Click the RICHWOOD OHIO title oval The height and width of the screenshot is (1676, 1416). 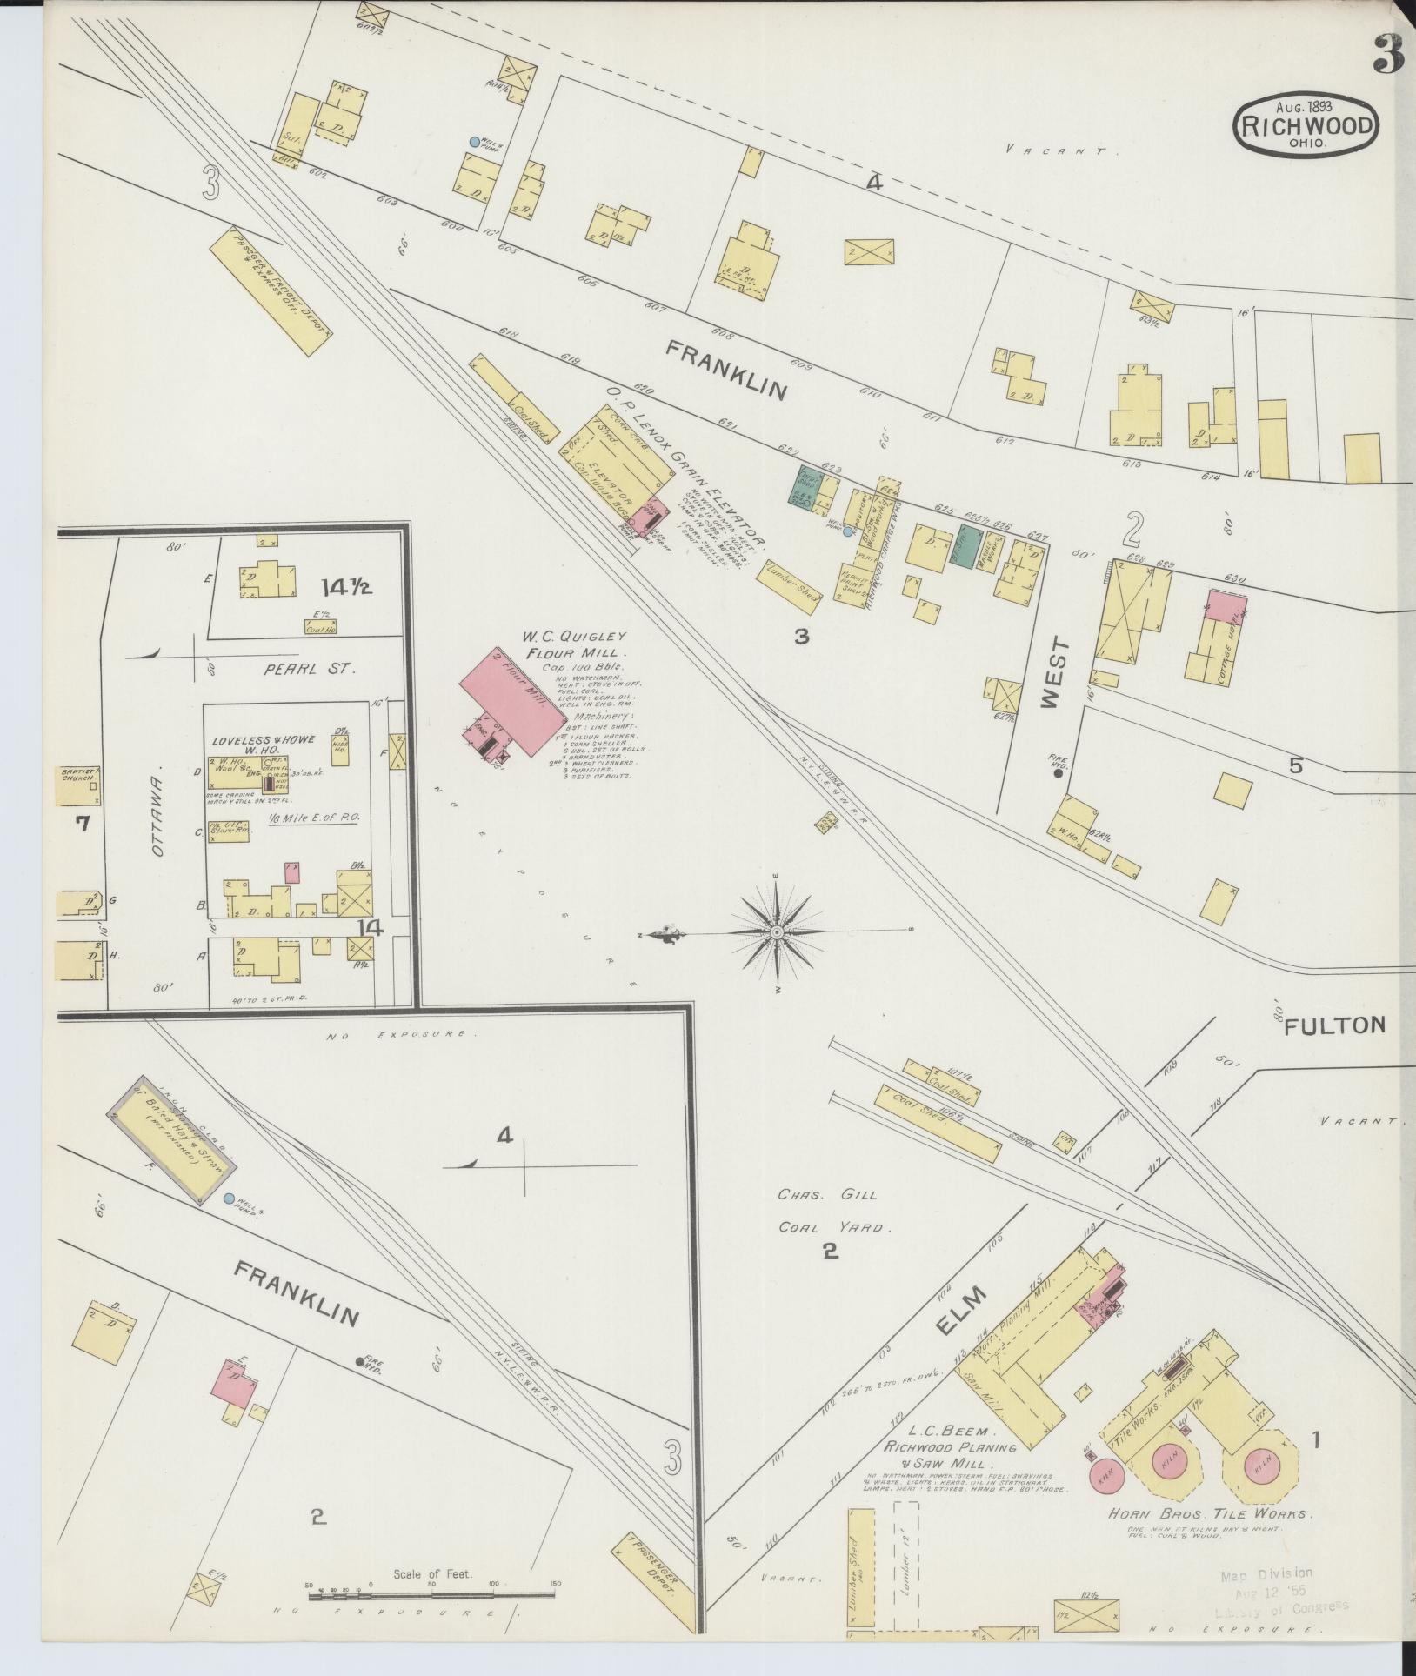pyautogui.click(x=1306, y=125)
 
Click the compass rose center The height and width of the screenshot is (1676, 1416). pyautogui.click(x=777, y=932)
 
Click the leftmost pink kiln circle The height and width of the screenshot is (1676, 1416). pyautogui.click(x=1106, y=1476)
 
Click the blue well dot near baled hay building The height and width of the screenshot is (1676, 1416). pyautogui.click(x=229, y=1199)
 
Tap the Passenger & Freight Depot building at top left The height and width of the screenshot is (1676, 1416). pyautogui.click(x=272, y=291)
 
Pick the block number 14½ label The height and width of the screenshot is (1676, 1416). pyautogui.click(x=345, y=587)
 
